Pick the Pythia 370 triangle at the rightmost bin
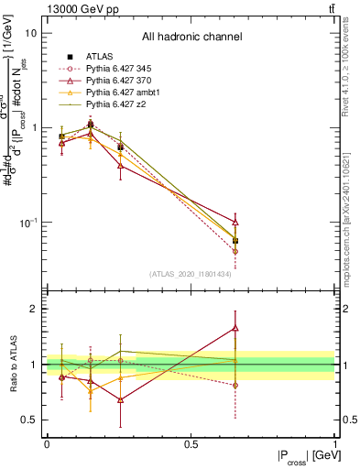[235, 222]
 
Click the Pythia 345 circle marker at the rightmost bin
[235, 251]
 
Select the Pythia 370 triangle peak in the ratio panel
[235, 327]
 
